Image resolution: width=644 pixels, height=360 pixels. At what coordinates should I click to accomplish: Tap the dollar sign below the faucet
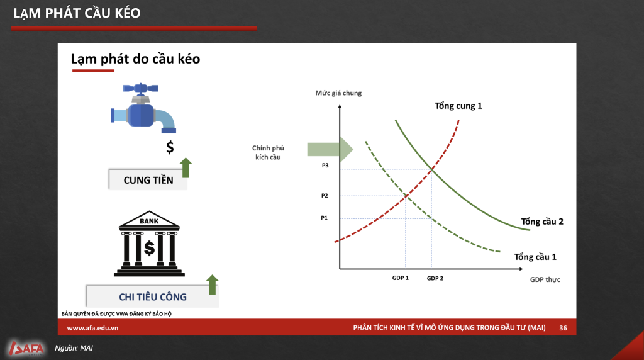pos(170,147)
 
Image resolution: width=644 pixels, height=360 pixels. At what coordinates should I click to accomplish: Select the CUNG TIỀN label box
pos(148,179)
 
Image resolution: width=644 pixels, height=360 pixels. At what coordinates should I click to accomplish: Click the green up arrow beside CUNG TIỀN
pos(186,167)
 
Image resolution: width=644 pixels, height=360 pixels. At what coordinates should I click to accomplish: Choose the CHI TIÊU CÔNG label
pos(152,296)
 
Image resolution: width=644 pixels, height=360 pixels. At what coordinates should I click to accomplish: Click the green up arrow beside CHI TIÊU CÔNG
pos(213,285)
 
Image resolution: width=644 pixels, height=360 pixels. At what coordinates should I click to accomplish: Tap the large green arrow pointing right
pos(330,149)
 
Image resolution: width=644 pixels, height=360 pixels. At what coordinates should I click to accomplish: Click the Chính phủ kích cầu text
pos(268,152)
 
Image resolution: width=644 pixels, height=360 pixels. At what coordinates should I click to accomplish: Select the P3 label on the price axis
pos(325,165)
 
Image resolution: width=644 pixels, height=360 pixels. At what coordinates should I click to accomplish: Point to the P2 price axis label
pos(325,196)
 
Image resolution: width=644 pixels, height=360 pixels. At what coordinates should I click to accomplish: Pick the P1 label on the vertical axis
pos(324,218)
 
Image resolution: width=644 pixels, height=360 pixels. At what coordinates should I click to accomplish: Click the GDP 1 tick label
pos(401,278)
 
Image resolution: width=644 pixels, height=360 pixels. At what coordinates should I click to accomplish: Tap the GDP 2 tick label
pos(435,278)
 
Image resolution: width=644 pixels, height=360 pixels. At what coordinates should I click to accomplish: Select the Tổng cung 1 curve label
pos(458,106)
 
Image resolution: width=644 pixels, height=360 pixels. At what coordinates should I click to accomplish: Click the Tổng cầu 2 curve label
pos(542,222)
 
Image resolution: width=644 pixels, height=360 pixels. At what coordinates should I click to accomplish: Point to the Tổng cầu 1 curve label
pos(535,257)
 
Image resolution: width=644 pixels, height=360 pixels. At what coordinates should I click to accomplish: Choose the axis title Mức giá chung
pos(338,93)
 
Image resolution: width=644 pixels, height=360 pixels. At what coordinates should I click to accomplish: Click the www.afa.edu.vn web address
pos(92,328)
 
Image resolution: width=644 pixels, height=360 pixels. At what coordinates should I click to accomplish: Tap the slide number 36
pos(563,328)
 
